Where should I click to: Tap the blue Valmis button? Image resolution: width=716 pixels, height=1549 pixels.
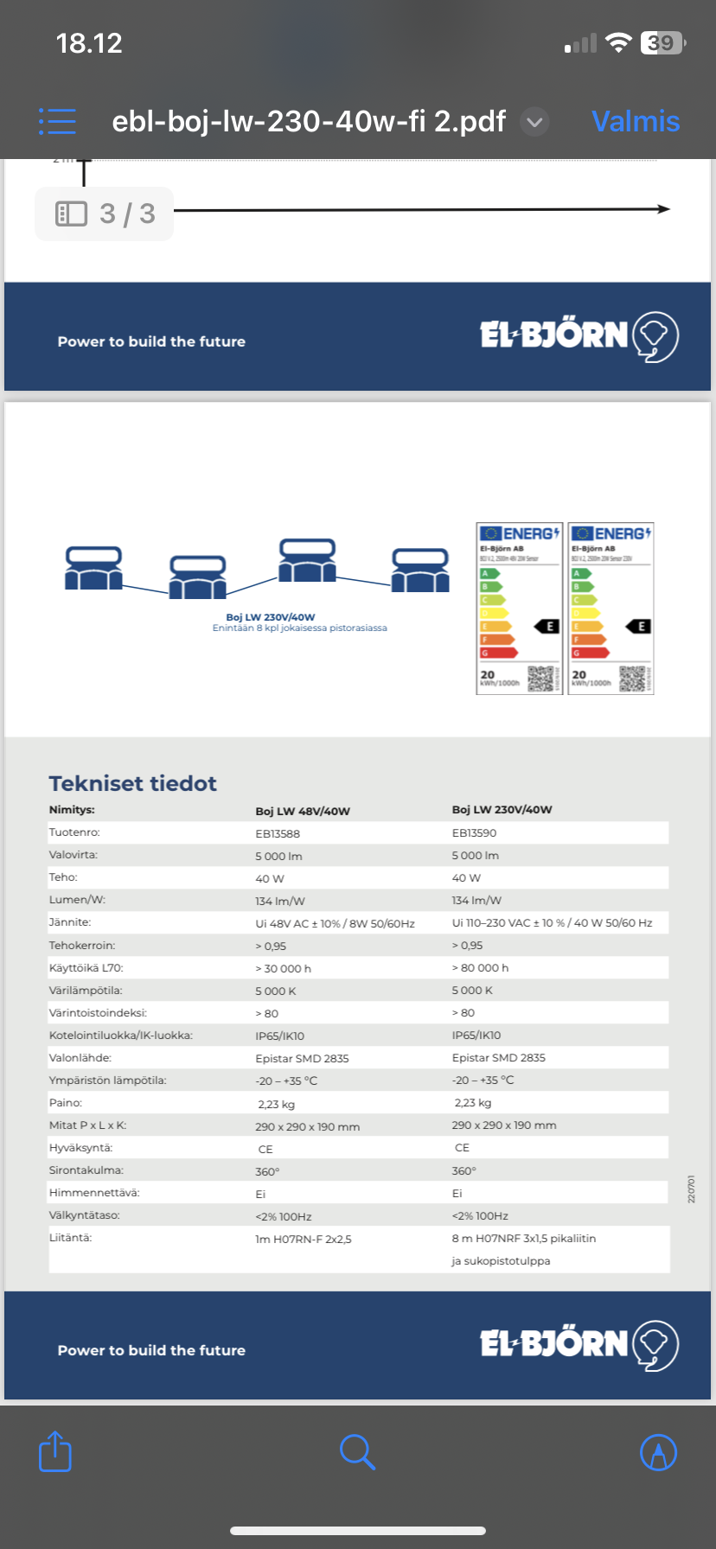point(636,121)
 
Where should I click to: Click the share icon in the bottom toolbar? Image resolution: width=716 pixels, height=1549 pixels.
point(55,1451)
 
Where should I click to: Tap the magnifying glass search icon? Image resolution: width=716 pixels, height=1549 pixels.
point(357,1452)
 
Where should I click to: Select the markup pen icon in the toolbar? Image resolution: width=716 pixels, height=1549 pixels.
point(658,1452)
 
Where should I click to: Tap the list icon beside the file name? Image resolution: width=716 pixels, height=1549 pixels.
point(57,121)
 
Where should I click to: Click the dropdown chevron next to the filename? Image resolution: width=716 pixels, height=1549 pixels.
point(535,122)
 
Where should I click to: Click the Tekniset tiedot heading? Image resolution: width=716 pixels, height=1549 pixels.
point(132,783)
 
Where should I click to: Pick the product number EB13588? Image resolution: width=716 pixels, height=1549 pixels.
point(278,834)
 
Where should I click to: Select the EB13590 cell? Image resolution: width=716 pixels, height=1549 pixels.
point(474,833)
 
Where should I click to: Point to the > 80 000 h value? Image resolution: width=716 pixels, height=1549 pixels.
point(480,968)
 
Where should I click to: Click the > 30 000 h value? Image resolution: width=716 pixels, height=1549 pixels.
point(283,969)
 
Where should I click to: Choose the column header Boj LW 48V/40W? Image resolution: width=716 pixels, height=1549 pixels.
point(303,811)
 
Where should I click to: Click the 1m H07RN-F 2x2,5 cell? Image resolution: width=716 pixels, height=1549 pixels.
point(304,1240)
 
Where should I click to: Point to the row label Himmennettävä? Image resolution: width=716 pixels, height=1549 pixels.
point(94,1193)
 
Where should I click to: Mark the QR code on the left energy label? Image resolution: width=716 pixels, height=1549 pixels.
point(540,679)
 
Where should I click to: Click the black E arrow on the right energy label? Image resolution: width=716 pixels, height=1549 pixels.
point(638,627)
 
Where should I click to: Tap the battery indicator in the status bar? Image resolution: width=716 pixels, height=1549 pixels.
point(662,43)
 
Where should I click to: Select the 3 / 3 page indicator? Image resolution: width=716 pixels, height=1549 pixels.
point(105,214)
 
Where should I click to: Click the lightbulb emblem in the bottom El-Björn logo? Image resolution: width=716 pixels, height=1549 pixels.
point(655,1345)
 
